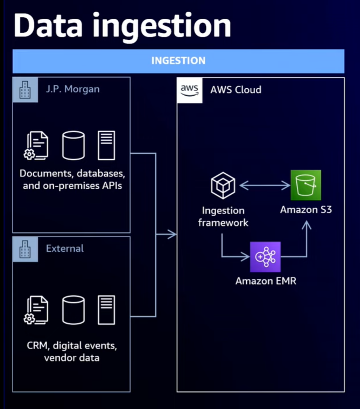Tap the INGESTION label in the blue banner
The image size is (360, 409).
178,61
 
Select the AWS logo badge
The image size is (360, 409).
189,90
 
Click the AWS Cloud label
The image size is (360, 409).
235,90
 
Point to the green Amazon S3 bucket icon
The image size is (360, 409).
306,185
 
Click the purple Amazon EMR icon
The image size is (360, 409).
265,257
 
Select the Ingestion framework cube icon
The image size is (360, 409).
223,185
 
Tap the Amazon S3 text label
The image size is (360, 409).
306,210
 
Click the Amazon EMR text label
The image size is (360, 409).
266,281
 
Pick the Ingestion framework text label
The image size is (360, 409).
223,217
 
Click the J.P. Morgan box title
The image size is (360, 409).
72,89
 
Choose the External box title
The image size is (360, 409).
65,248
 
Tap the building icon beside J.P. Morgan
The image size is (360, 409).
25,90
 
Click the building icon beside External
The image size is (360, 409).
25,249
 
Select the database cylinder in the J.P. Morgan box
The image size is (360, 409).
73,145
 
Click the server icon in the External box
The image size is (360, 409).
106,310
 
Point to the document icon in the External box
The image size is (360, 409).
37,310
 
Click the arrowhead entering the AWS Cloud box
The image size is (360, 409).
172,234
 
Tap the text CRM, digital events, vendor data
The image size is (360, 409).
71,351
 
